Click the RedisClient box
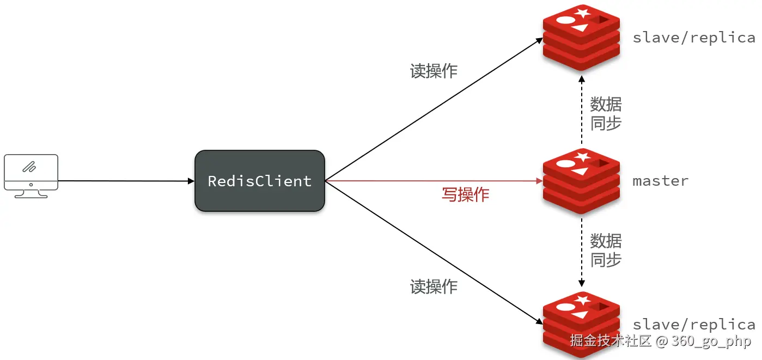click(260, 181)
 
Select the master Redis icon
click(581, 180)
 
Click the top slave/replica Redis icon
click(581, 37)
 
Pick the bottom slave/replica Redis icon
click(581, 324)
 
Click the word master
click(660, 181)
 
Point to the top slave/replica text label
click(693, 38)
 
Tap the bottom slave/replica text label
click(693, 325)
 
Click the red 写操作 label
click(465, 194)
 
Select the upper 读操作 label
click(434, 71)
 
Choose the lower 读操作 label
click(434, 286)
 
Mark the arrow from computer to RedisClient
click(125, 181)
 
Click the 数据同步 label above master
click(606, 113)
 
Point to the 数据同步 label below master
click(606, 250)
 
